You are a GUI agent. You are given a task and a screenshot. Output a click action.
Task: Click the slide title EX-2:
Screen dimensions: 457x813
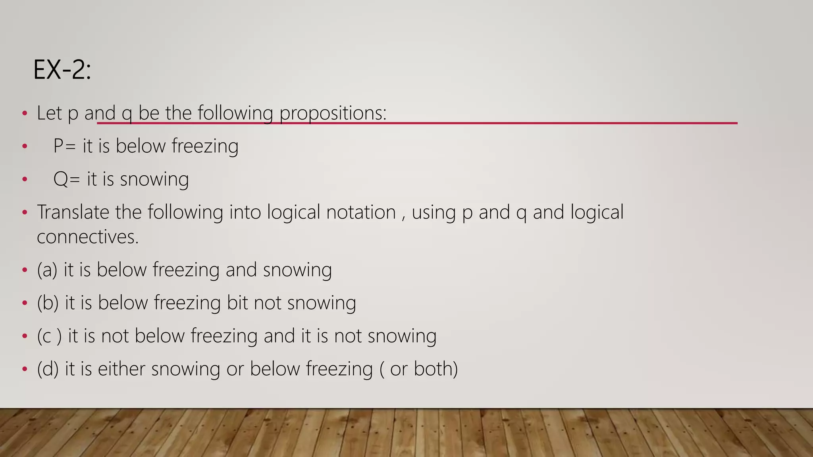(x=62, y=70)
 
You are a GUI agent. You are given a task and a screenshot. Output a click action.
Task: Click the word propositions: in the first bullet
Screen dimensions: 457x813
(x=333, y=113)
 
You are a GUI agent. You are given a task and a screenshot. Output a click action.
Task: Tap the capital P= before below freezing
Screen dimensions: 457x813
(x=64, y=146)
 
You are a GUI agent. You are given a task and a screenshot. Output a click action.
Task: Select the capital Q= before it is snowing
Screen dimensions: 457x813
(x=66, y=179)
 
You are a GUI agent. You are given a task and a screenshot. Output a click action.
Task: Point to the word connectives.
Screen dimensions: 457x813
(x=88, y=237)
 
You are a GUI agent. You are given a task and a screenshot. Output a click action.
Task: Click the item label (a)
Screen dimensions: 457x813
(x=47, y=270)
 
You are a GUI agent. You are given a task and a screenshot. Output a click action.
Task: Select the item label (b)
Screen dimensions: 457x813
(x=48, y=303)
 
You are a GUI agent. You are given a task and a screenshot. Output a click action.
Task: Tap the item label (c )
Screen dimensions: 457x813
(x=49, y=336)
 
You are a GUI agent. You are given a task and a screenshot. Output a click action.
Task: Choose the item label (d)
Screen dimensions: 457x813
(x=48, y=369)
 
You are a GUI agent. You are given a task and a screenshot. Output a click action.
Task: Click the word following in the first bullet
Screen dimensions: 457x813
(x=235, y=113)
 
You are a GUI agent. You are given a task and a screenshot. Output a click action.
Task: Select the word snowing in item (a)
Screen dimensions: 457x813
(x=297, y=270)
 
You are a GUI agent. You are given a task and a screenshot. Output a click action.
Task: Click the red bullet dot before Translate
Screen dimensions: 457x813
(x=25, y=212)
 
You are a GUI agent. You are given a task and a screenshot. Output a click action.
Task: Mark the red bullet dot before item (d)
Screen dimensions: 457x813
(x=25, y=369)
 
